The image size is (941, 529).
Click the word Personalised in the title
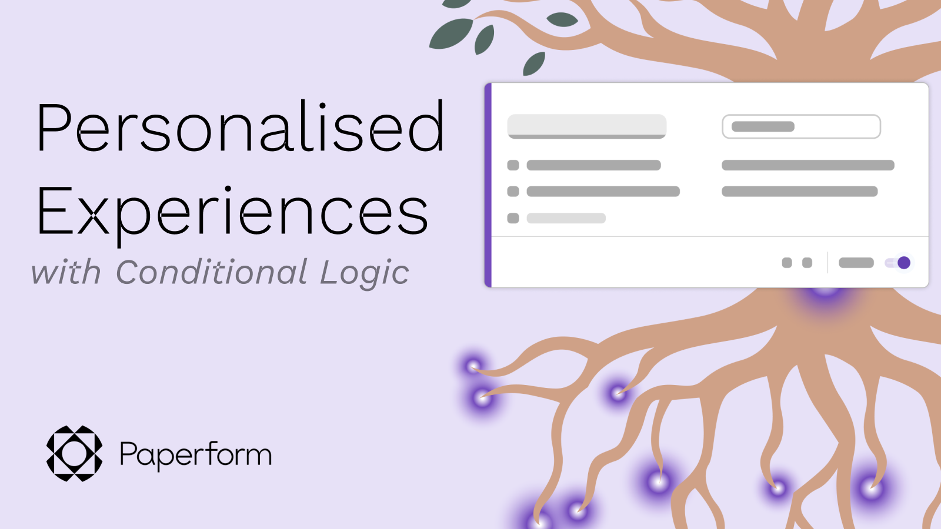tap(240, 127)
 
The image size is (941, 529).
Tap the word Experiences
tap(232, 210)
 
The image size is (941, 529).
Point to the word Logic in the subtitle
tap(365, 273)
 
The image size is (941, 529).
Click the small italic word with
tap(66, 273)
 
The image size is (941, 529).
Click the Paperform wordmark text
tap(195, 454)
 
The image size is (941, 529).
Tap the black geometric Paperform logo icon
tap(74, 454)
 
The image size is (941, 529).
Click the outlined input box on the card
tap(801, 126)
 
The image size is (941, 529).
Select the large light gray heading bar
tap(586, 126)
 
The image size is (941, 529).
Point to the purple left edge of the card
tap(488, 185)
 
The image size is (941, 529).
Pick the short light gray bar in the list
tap(566, 218)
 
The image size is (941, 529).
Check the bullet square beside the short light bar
tap(513, 218)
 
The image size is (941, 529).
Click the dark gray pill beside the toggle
tap(856, 263)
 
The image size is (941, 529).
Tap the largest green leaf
tap(451, 34)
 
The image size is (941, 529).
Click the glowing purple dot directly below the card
tap(825, 292)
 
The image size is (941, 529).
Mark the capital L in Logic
tap(331, 272)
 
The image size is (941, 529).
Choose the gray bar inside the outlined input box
tap(763, 126)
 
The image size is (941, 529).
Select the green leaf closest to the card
tap(534, 64)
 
